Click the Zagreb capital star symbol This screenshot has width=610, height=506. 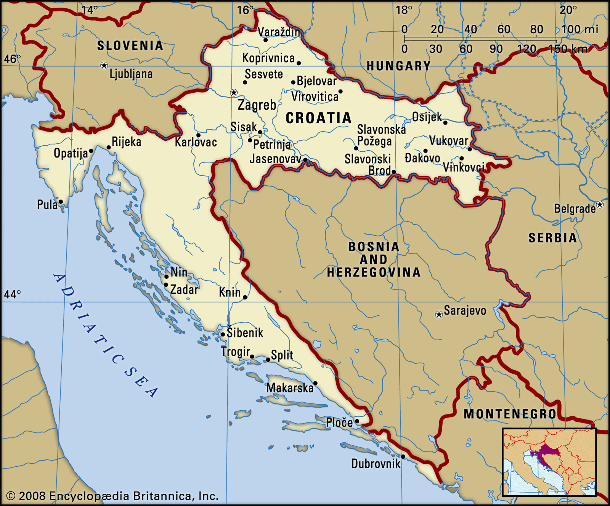(x=234, y=93)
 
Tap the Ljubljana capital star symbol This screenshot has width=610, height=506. (x=104, y=66)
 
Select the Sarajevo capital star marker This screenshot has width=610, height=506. (x=439, y=315)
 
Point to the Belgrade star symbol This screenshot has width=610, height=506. (x=600, y=205)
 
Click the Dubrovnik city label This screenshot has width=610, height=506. (x=376, y=464)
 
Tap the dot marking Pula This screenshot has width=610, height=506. (x=61, y=202)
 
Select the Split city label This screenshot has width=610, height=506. (x=282, y=355)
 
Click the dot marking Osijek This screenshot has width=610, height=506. (x=445, y=123)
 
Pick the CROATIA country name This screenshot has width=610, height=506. (x=318, y=118)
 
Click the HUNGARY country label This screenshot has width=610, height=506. (x=398, y=66)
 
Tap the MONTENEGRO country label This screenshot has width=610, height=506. (x=510, y=414)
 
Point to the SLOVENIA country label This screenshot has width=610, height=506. (x=130, y=46)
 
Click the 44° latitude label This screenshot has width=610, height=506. (x=12, y=294)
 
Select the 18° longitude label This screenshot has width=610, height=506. (x=404, y=10)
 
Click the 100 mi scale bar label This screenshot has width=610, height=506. (x=579, y=29)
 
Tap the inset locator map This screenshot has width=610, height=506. (x=549, y=462)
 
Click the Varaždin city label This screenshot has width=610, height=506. (x=279, y=32)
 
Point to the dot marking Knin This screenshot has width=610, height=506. (x=245, y=297)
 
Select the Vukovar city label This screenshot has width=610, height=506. (x=448, y=141)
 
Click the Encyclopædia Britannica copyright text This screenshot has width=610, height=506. (x=112, y=496)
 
